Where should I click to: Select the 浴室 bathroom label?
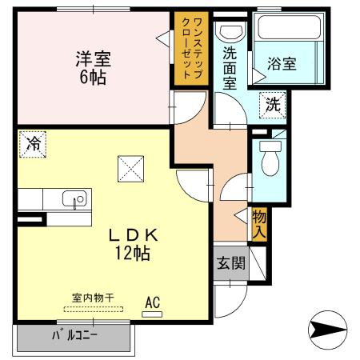282,63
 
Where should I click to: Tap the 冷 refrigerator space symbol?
33,144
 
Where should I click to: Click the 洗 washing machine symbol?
272,103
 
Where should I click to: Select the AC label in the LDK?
152,302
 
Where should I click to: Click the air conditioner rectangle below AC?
152,314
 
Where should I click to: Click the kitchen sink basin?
76,200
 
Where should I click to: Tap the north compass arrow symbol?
328,328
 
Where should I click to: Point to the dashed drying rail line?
93,309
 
